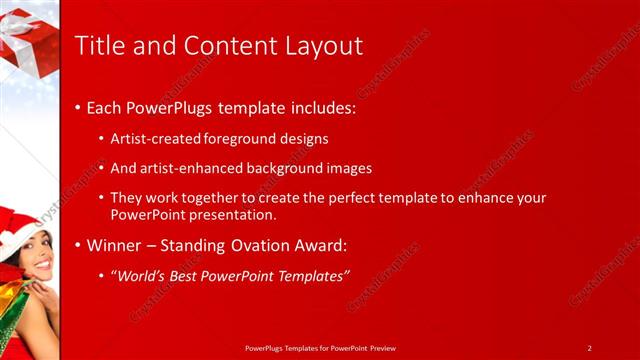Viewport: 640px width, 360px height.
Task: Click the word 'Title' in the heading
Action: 101,46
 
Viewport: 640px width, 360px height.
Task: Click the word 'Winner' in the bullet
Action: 114,245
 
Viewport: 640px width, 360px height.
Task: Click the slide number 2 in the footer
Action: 589,348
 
